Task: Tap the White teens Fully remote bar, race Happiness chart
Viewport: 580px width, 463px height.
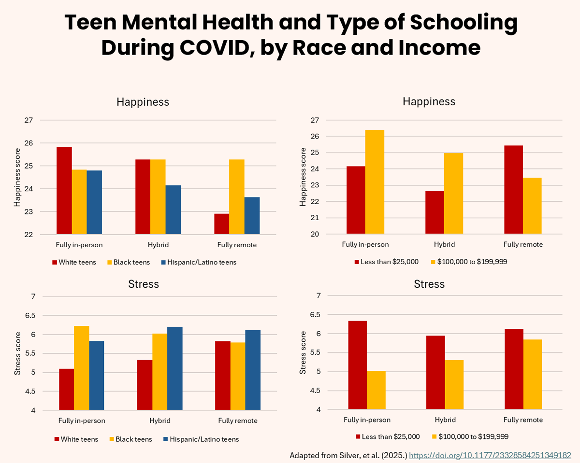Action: click(x=221, y=224)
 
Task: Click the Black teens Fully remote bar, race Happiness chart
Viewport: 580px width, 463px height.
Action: click(x=237, y=197)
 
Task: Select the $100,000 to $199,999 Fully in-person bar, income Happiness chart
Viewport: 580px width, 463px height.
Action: click(x=375, y=182)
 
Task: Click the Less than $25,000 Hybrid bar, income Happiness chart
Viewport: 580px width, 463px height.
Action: click(x=435, y=212)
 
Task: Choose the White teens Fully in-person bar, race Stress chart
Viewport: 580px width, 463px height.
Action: click(x=66, y=390)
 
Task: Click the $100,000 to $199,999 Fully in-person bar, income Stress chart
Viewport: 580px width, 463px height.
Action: click(x=376, y=390)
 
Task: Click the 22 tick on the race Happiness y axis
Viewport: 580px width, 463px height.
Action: click(x=29, y=235)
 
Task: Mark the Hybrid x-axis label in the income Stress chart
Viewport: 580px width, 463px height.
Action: click(x=445, y=420)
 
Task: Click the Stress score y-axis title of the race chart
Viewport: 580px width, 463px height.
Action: click(x=17, y=353)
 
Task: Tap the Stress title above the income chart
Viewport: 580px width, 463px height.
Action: click(x=429, y=284)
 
